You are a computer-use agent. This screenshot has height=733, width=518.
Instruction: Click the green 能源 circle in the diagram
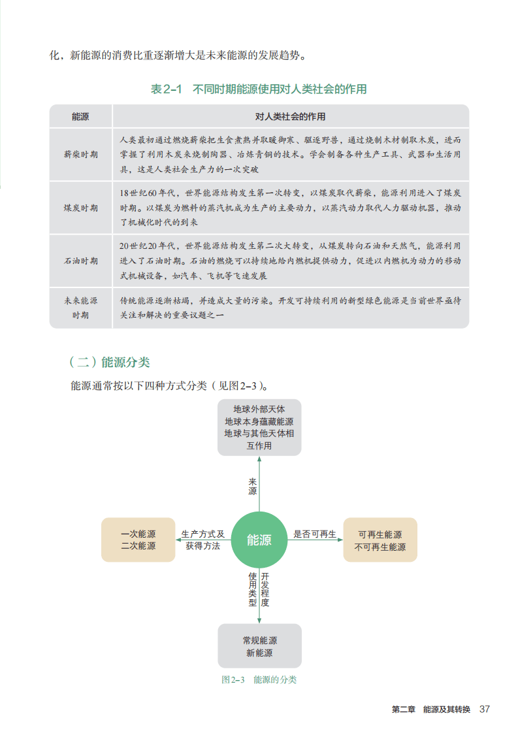tap(259, 540)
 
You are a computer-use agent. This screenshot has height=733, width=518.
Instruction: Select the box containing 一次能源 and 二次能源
tap(138, 540)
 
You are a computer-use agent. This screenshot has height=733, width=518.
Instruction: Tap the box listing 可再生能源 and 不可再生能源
tap(380, 540)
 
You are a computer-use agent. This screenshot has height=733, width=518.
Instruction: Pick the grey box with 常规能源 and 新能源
tap(259, 646)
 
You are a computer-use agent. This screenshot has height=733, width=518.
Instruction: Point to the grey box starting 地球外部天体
tap(259, 427)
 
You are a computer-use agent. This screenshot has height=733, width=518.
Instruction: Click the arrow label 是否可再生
tap(314, 534)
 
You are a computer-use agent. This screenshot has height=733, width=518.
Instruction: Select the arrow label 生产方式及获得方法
tap(202, 540)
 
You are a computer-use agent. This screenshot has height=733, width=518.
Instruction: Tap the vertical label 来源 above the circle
tap(253, 486)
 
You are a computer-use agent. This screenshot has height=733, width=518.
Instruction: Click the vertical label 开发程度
tap(265, 590)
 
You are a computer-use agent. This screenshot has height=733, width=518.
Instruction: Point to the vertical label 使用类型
tap(253, 590)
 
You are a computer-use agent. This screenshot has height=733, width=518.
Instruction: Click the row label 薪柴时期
tap(81, 155)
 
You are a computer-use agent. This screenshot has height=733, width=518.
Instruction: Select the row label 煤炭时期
tap(81, 208)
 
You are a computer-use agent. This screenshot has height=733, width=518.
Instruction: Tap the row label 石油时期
tap(81, 261)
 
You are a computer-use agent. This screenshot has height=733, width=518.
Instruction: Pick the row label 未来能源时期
tap(81, 308)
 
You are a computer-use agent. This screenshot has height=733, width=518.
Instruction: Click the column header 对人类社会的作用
tap(290, 117)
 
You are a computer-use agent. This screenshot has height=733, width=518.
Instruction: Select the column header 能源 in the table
tap(81, 117)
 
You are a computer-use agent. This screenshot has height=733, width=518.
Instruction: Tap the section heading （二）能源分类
tap(109, 362)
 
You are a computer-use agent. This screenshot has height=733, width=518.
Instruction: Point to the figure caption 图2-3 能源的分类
tap(259, 679)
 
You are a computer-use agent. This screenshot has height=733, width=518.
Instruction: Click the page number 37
tap(484, 709)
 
